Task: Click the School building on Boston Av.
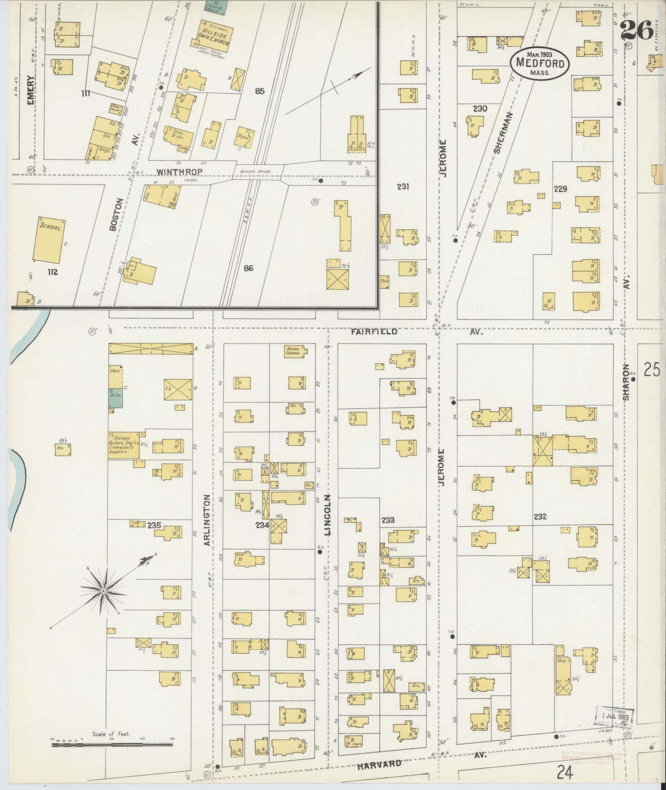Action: [49, 240]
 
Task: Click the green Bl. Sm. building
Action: [116, 399]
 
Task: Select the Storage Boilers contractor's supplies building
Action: [123, 446]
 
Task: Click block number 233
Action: [388, 520]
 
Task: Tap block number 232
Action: [540, 517]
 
